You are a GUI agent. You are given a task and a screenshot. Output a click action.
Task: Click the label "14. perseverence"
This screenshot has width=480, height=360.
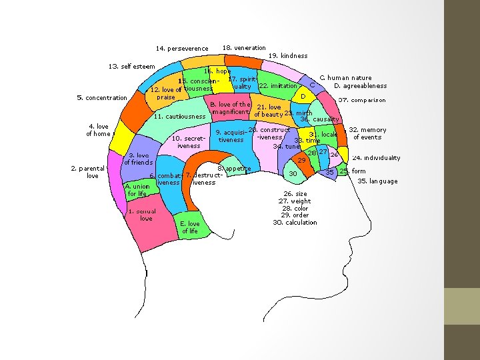(x=182, y=49)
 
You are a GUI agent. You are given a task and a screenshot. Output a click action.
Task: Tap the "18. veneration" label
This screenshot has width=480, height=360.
(x=244, y=48)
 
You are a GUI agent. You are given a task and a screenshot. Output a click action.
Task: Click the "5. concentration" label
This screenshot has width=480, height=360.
(x=102, y=98)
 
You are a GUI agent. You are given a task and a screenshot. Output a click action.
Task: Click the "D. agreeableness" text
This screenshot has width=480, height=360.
(x=360, y=86)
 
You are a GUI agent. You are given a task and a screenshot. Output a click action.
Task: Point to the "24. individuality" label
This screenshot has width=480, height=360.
(x=376, y=158)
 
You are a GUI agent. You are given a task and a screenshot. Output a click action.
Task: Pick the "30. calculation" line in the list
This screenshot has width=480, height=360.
(x=295, y=222)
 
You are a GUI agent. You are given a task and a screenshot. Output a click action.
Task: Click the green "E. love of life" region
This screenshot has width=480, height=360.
(x=190, y=227)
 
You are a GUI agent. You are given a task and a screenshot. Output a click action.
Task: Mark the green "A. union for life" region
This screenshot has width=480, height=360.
(x=137, y=190)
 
